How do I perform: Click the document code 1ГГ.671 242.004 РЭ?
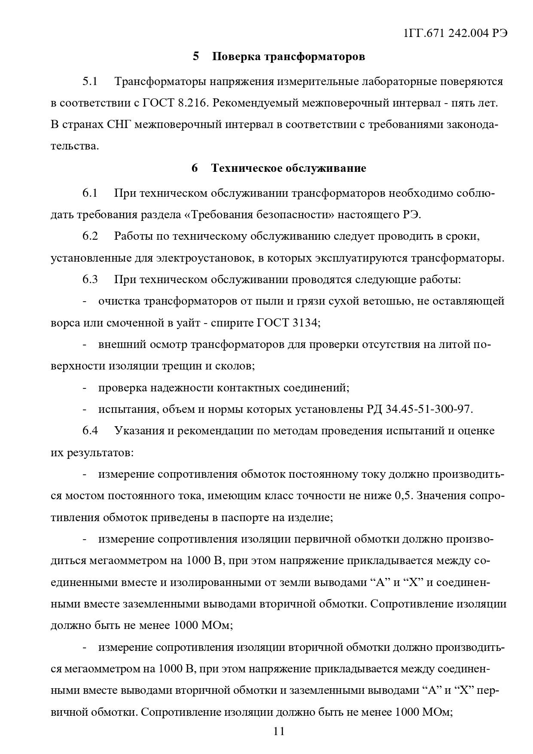pos(456,34)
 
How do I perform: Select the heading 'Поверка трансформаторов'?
pos(288,57)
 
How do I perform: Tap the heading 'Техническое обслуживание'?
pos(288,168)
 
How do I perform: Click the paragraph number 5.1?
pos(90,82)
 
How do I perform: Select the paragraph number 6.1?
pos(90,193)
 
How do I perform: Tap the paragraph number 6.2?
pos(90,236)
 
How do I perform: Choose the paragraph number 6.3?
pos(90,280)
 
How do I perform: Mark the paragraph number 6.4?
pos(90,431)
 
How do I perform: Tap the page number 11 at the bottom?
pos(279,731)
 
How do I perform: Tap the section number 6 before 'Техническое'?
pos(195,168)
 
